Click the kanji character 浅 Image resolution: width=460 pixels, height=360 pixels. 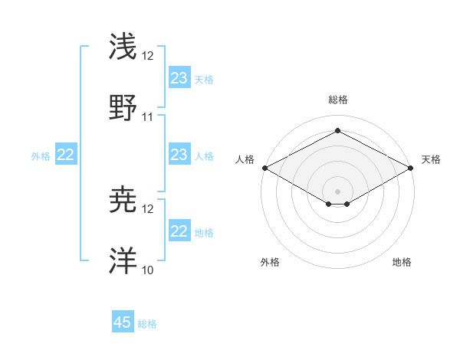coord(123,47)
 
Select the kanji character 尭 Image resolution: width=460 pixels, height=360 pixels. coord(123,201)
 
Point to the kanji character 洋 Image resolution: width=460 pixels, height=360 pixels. coord(123,260)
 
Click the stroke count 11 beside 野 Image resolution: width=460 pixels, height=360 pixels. coord(148,117)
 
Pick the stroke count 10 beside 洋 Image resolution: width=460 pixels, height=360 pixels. coord(148,270)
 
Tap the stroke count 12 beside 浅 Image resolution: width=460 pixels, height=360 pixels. coord(148,57)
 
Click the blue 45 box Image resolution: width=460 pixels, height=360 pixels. coord(123,322)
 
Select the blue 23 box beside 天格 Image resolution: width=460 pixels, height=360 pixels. coord(179,78)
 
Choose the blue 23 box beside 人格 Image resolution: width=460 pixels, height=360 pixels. coord(179,155)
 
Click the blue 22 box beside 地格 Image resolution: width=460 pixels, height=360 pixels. coord(179,231)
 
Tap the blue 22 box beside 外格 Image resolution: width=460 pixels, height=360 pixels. coord(66,155)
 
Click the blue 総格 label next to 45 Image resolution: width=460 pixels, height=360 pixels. coord(147,324)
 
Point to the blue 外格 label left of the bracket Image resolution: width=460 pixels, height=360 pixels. coord(41,156)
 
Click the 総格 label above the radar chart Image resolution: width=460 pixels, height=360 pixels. coord(338,100)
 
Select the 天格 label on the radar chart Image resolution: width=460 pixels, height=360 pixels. coord(432,159)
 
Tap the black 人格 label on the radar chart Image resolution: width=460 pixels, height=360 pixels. coord(245,159)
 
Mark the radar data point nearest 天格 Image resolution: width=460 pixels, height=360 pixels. coord(412,168)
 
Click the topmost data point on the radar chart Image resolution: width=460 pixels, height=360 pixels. coord(337,131)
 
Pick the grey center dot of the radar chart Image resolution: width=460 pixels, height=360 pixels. coord(337,191)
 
